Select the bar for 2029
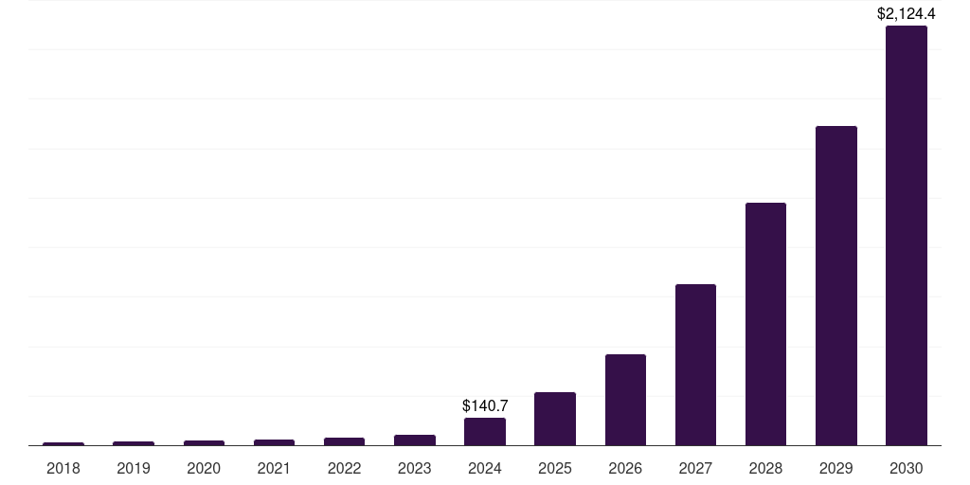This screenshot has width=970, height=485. pos(835,285)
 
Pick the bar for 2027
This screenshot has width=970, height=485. pos(695,365)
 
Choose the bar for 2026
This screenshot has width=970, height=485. pos(625,400)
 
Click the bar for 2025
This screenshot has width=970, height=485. pos(555,419)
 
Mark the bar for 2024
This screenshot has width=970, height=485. pos(485,431)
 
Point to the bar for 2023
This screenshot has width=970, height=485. pos(415,440)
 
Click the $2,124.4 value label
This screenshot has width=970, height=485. pos(906,13)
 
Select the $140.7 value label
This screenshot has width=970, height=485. pos(485,405)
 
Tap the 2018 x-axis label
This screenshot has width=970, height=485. pos(63,468)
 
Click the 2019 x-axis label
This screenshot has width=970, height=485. pos(134,468)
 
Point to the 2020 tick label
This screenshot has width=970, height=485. pos(204,468)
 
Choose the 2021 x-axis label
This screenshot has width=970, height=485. pos(274,468)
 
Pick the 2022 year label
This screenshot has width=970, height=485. pos(344,468)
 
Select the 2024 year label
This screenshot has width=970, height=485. pos(485,468)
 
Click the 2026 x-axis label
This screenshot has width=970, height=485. pos(625,468)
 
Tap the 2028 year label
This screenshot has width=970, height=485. pos(765,468)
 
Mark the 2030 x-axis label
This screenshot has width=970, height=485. pos(906,468)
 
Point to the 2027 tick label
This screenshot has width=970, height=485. pos(695,468)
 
